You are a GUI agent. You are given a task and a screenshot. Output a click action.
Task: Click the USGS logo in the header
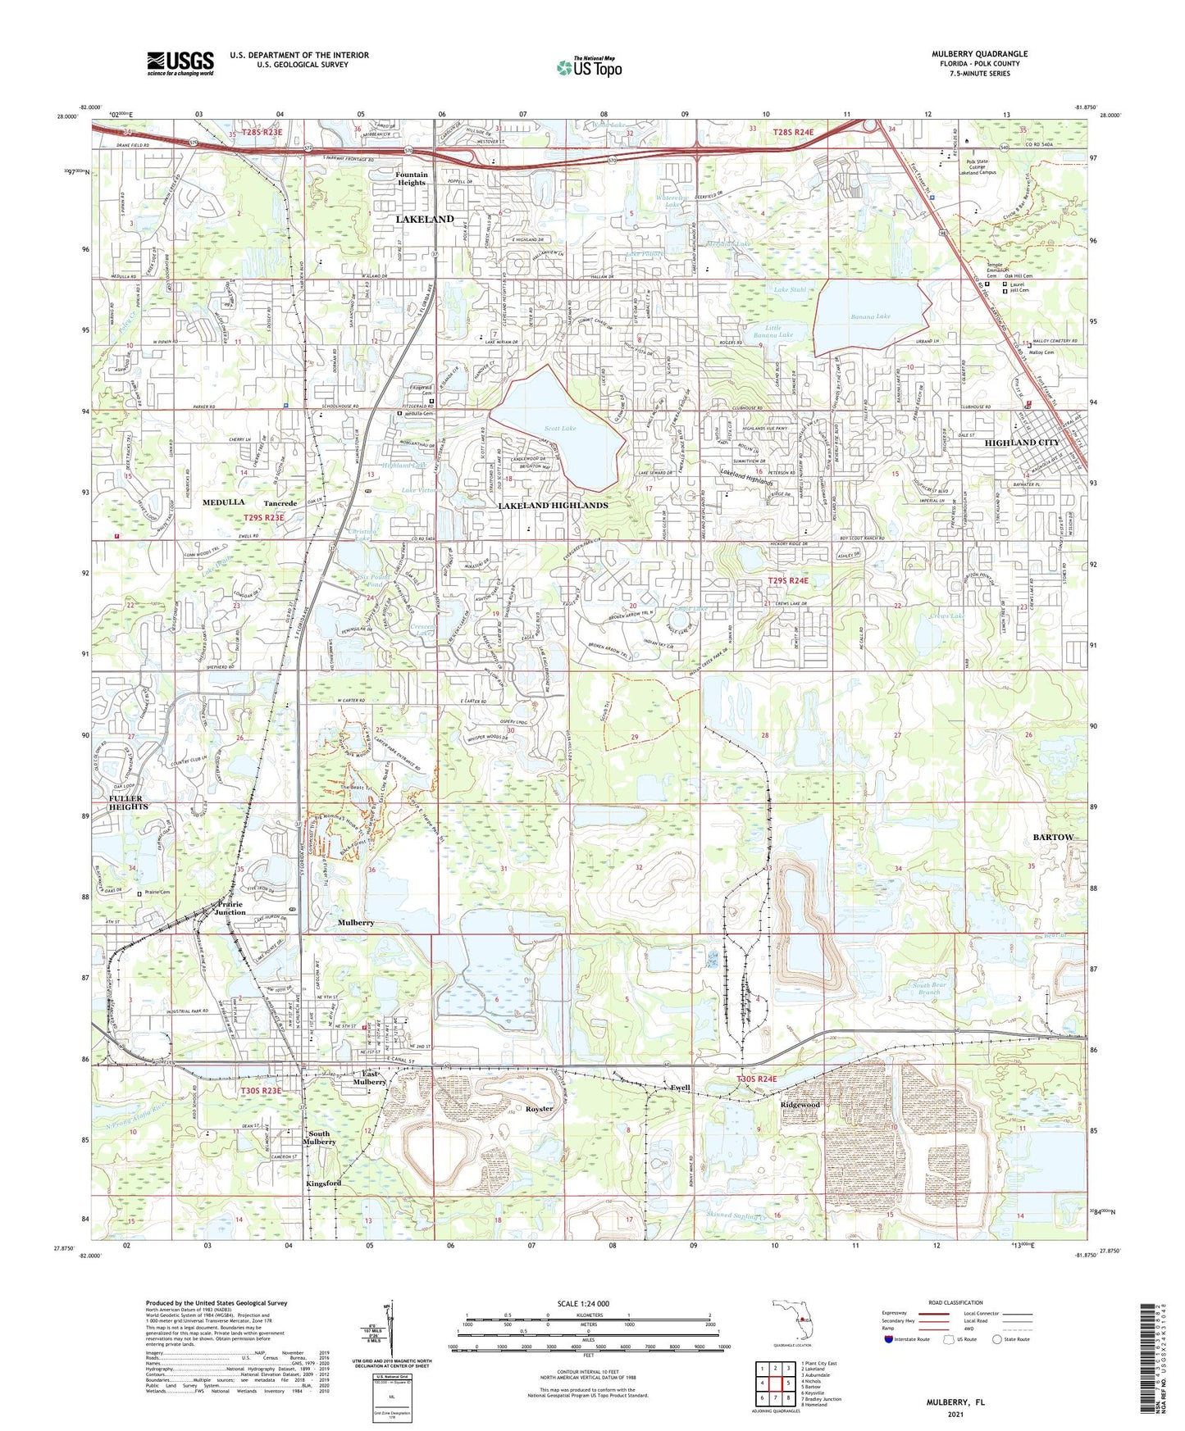[180, 63]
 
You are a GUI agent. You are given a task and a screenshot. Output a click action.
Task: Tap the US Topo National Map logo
[588, 67]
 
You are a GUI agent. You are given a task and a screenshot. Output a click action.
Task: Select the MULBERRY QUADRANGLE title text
[979, 54]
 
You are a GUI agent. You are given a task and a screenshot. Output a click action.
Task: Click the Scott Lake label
[560, 429]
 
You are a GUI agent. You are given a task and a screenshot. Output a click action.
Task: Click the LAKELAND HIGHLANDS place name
[553, 506]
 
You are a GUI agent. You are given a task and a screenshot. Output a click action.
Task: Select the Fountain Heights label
[412, 179]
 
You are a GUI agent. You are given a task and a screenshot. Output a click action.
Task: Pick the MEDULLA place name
[224, 502]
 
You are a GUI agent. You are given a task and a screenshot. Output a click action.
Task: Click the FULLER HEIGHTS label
[125, 802]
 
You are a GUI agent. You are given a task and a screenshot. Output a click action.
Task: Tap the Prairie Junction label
[230, 908]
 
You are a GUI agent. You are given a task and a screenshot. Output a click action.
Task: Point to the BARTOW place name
[1053, 837]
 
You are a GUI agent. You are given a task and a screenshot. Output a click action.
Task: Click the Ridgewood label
[800, 1105]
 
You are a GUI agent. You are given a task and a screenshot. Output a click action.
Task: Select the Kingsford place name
[323, 1183]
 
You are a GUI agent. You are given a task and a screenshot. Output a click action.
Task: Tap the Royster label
[539, 1109]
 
